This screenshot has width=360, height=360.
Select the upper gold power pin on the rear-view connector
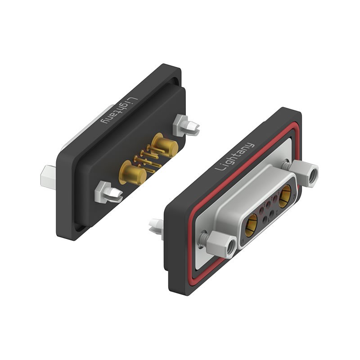point(164,145)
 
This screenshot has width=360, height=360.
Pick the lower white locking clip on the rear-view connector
point(109,192)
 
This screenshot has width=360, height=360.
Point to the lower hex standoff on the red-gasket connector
point(223,243)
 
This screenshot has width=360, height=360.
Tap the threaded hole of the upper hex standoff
point(311,176)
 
